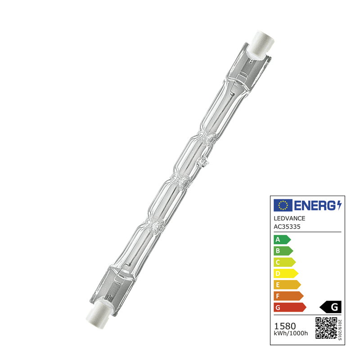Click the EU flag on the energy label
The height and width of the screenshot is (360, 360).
[x=283, y=205]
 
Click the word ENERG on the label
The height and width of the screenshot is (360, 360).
[x=315, y=205]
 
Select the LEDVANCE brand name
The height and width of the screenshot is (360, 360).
[x=289, y=218]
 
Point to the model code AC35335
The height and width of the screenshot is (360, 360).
[x=287, y=227]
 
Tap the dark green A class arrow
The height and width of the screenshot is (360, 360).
[x=282, y=240]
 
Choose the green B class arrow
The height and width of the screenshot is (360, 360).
[x=283, y=251]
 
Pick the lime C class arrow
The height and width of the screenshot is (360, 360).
[x=285, y=262]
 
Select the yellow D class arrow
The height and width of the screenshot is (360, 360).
[x=286, y=274]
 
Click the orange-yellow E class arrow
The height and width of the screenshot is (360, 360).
[x=287, y=285]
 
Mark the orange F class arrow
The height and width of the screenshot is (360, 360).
[x=288, y=296]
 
